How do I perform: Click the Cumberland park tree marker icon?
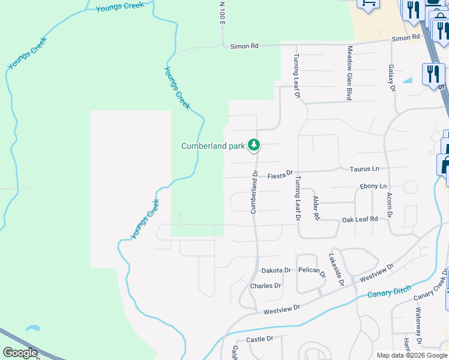[x=255, y=145]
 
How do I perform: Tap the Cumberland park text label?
[x=213, y=146]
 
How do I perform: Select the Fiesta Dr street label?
[x=279, y=175]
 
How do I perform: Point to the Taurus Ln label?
[x=365, y=169]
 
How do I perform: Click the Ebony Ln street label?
[x=373, y=187]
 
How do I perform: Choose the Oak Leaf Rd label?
[x=360, y=220]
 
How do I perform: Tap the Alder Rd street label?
[x=316, y=207]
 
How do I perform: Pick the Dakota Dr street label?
[x=275, y=270]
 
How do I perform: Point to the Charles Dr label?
[x=265, y=286]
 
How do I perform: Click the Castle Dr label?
[x=259, y=340]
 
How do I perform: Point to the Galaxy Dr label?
[x=392, y=78]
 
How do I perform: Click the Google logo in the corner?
[x=20, y=353]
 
